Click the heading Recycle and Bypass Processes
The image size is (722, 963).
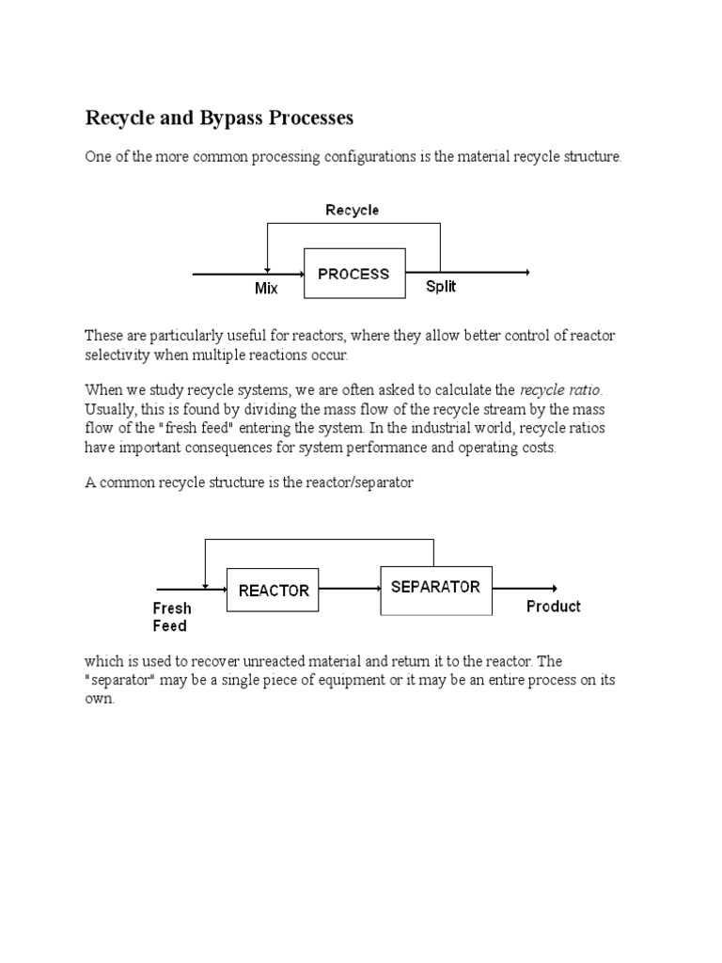tap(219, 118)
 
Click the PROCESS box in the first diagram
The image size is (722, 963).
tap(353, 274)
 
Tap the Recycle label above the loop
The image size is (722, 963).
tap(352, 210)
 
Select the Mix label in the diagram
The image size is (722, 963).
tap(266, 289)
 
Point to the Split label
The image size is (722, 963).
tap(440, 286)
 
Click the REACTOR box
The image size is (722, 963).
tap(274, 591)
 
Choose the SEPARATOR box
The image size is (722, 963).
tap(435, 587)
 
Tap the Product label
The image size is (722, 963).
tap(553, 607)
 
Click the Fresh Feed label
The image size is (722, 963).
tap(171, 617)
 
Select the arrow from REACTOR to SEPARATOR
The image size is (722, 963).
tap(349, 590)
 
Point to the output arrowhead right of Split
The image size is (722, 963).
tap(526, 273)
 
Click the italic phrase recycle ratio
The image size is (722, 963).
tap(559, 389)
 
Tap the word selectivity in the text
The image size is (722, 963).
tap(116, 355)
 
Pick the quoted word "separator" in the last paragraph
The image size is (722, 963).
tap(119, 680)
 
